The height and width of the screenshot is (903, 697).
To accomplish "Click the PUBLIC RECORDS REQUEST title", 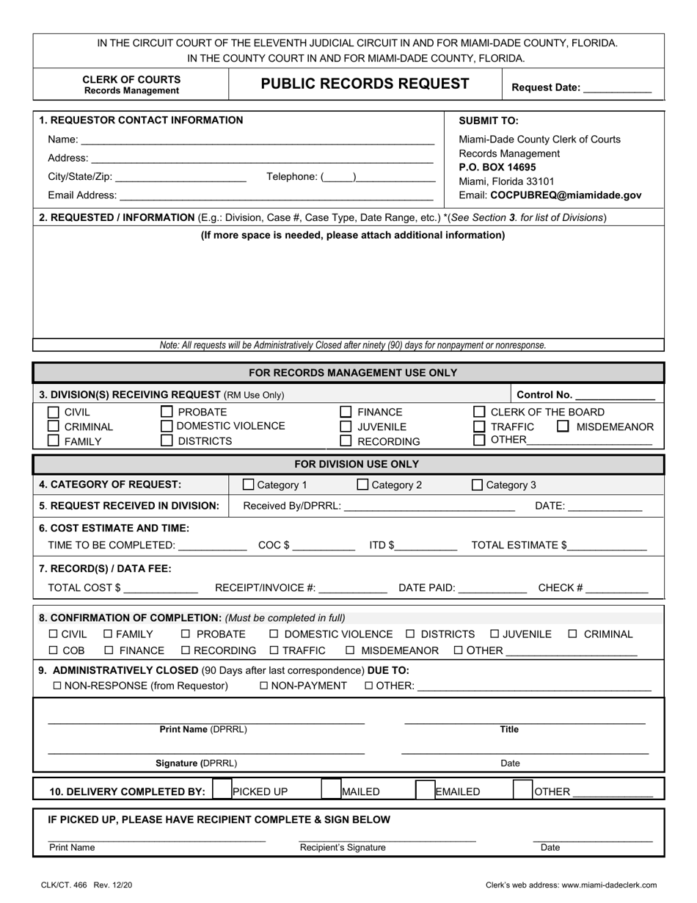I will click(x=365, y=84).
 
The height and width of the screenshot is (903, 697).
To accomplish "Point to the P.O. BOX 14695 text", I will click(x=497, y=167).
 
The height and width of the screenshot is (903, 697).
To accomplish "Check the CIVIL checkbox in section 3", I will click(x=54, y=412).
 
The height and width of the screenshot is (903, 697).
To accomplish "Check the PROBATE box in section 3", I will click(x=167, y=412).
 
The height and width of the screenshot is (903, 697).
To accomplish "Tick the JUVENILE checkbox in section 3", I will click(x=346, y=427).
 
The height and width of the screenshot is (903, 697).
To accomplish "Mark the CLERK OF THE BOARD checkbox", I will click(x=479, y=412).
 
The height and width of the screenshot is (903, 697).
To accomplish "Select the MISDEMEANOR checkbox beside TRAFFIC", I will click(x=563, y=426).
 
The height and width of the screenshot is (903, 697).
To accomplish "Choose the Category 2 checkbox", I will click(x=362, y=485).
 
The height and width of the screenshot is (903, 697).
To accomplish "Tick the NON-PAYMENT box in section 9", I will click(x=265, y=686).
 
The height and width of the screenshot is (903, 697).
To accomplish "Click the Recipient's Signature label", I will click(x=343, y=848).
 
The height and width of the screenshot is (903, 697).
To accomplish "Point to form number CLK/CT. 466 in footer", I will click(x=64, y=885).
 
